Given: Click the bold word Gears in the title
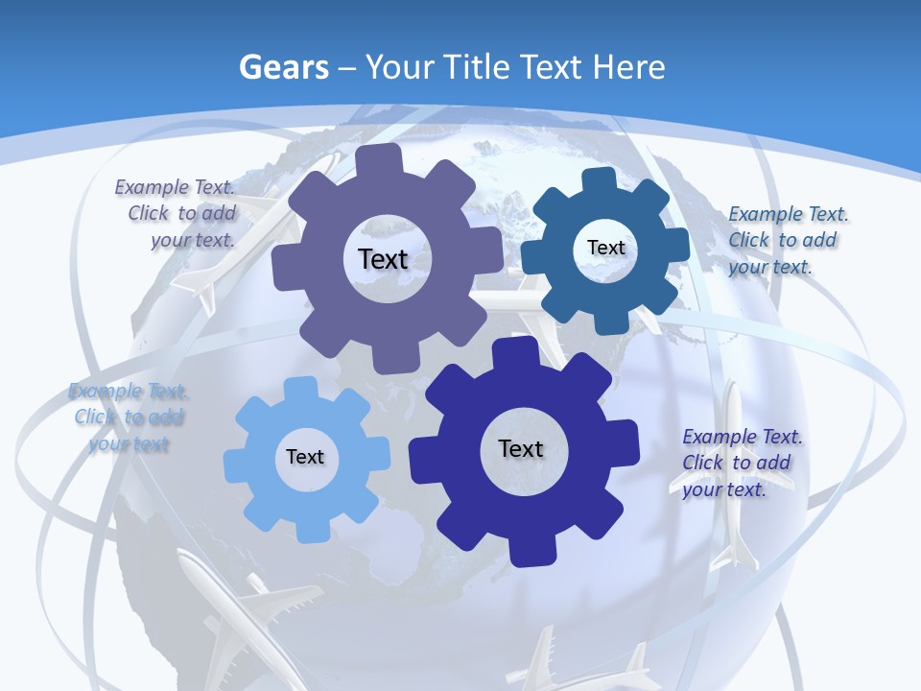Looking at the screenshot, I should click(x=284, y=67).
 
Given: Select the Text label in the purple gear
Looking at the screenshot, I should click(x=383, y=259).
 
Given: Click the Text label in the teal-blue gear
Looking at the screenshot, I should click(x=605, y=248).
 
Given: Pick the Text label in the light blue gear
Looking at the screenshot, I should click(x=305, y=457).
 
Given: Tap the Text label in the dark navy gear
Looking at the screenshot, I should click(x=521, y=448).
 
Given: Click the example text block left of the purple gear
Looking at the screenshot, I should click(x=177, y=213).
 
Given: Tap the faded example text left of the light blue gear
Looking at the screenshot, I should click(x=128, y=417).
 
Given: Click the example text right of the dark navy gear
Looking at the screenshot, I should click(x=741, y=463).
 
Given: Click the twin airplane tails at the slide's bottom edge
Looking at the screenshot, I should click(x=585, y=662).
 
